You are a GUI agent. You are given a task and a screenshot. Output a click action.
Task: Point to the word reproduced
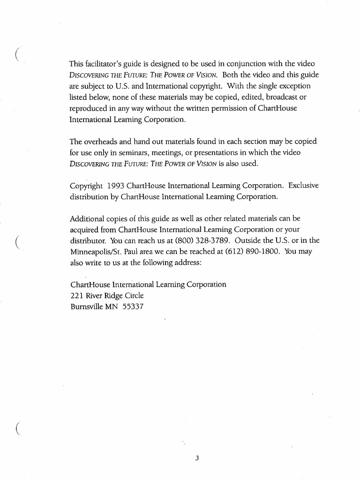click(89, 109)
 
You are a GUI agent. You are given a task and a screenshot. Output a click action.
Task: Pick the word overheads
click(103, 142)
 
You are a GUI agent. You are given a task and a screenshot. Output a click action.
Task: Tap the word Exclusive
click(303, 186)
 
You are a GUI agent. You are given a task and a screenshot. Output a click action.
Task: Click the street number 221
click(76, 296)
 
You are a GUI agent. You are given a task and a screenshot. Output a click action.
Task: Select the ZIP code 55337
click(133, 307)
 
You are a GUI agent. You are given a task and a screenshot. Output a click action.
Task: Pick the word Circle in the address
click(133, 296)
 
